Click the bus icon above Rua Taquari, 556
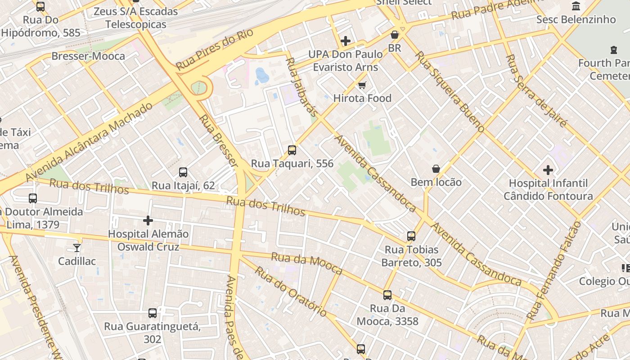[292, 150]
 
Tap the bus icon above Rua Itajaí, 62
[183, 172]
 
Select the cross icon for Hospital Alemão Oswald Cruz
[148, 220]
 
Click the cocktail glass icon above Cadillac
[77, 248]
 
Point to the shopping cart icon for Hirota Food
[362, 85]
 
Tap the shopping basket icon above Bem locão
[436, 169]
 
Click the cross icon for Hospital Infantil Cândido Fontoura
[548, 170]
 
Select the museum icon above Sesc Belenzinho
[576, 6]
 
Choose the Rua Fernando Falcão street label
[553, 270]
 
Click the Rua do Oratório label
[291, 292]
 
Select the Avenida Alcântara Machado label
[90, 141]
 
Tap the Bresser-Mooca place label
[88, 56]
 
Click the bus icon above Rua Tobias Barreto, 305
[411, 236]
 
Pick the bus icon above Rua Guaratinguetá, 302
[153, 313]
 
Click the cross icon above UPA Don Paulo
[346, 41]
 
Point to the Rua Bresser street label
[218, 140]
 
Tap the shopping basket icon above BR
[395, 35]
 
